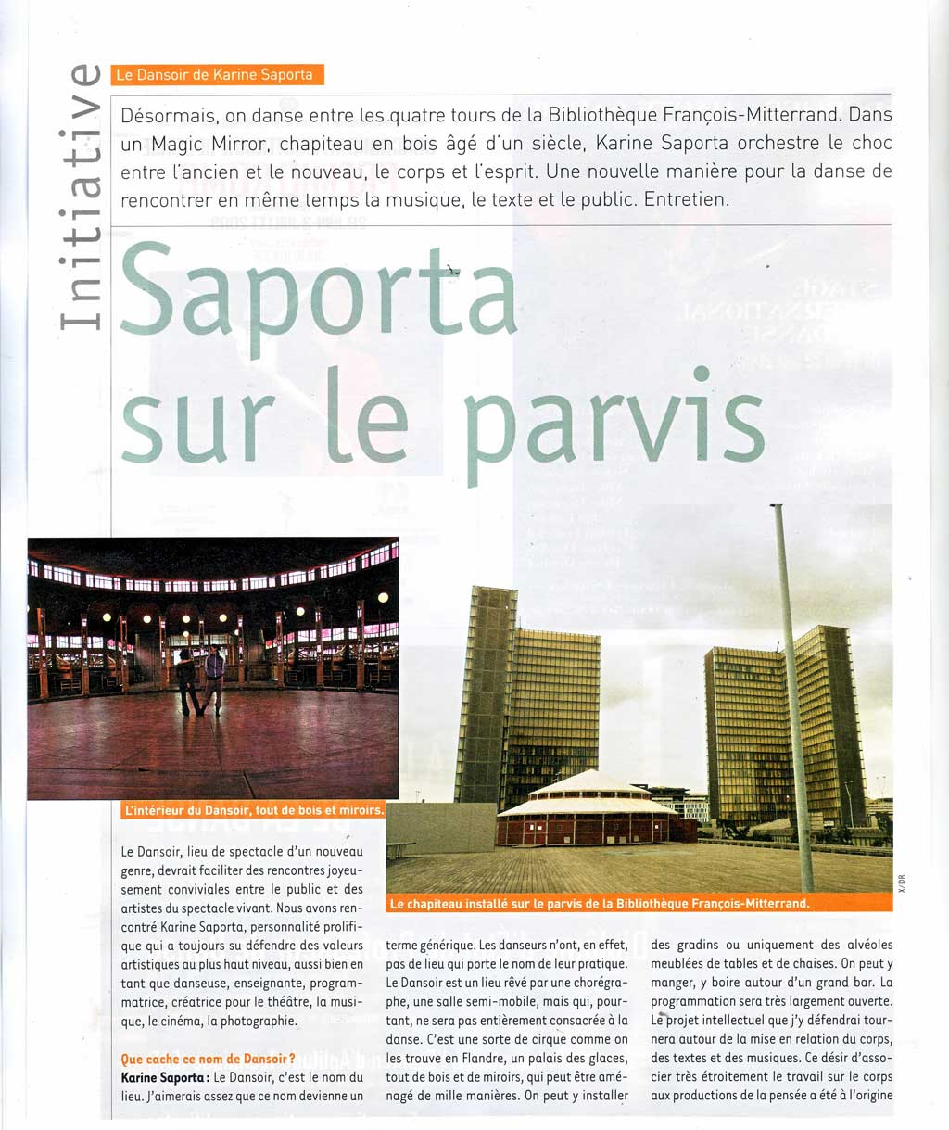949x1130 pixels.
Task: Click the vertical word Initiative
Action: [x=78, y=197]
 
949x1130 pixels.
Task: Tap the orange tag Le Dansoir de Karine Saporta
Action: [x=217, y=75]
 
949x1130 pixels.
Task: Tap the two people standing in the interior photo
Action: [x=201, y=680]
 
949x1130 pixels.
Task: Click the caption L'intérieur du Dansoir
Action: [x=253, y=809]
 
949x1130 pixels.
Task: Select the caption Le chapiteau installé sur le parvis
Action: [x=600, y=903]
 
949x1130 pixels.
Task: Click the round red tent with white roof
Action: [x=588, y=808]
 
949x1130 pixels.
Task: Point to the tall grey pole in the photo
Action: [x=793, y=695]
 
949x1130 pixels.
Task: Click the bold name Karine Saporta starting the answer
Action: [x=163, y=1078]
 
